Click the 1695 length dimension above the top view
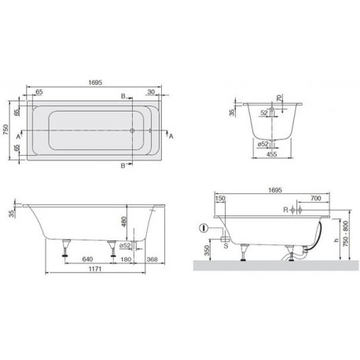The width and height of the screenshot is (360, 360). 95,83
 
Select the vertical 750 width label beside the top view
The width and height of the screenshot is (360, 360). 6,130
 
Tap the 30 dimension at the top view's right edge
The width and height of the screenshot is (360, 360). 151,92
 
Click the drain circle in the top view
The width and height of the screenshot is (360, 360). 132,130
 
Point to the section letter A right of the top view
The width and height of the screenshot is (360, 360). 171,136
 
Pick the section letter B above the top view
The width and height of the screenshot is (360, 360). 123,97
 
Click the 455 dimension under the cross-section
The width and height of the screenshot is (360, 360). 271,154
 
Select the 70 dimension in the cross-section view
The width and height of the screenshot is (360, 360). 279,98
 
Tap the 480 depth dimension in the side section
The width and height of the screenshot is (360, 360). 124,222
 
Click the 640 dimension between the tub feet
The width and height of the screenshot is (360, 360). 87,259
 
